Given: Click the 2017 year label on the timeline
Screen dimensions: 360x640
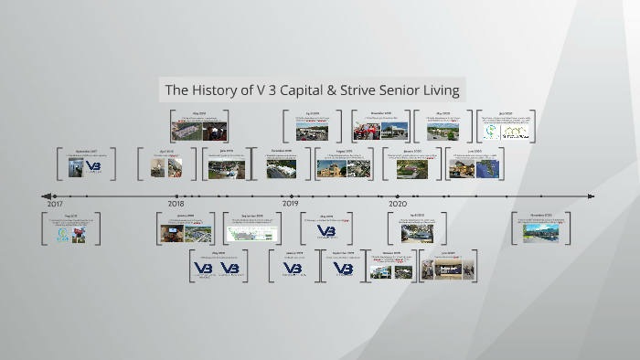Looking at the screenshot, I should click(55, 205).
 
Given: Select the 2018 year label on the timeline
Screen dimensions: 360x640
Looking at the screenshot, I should click(176, 205).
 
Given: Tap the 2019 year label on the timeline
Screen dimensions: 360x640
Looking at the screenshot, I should click(291, 205).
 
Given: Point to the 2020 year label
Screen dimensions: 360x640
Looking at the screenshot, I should click(397, 205).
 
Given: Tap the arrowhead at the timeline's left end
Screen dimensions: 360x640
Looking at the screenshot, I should click(47, 196).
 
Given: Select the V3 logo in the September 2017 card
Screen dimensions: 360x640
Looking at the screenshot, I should click(93, 167).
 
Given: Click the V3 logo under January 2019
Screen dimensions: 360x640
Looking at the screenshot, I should click(293, 269).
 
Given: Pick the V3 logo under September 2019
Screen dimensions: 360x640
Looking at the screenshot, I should click(343, 269).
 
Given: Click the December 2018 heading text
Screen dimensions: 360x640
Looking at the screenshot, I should click(282, 150).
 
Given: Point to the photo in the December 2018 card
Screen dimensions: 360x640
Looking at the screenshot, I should click(282, 168).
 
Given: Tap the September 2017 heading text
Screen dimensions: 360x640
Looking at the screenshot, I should click(86, 150).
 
